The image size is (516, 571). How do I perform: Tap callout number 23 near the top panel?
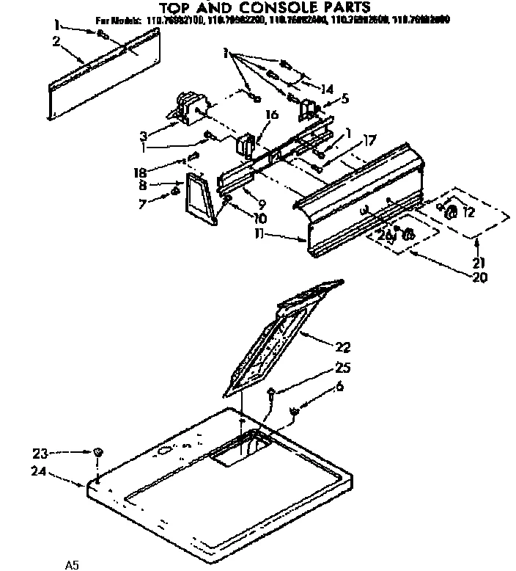41,452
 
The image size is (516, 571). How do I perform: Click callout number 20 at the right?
480,277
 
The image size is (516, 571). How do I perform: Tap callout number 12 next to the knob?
468,213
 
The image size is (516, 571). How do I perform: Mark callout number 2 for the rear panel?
56,41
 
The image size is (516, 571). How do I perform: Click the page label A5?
71,565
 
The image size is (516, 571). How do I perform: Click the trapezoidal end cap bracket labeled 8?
199,197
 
